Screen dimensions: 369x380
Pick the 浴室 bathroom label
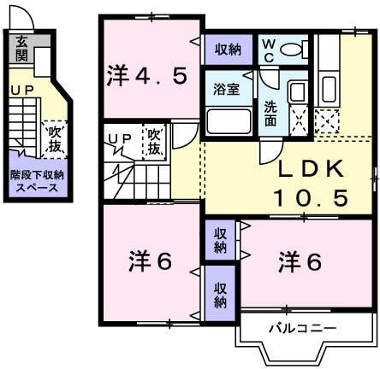click(x=228, y=90)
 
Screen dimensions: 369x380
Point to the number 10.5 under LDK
click(x=310, y=198)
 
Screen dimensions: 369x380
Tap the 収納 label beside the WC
click(x=229, y=49)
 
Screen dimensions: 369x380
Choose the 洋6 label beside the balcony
click(x=300, y=261)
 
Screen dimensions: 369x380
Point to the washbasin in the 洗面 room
click(x=297, y=93)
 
